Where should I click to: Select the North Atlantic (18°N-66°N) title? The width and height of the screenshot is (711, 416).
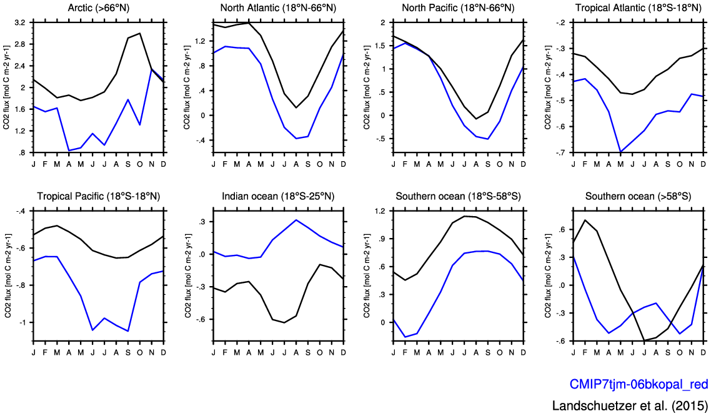278,7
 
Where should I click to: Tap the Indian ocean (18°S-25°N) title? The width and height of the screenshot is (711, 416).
278,196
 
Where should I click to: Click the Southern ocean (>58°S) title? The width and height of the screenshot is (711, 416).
638,196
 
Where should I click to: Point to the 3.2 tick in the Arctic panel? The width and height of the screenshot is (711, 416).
21,22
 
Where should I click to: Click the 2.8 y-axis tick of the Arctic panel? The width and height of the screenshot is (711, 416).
21,44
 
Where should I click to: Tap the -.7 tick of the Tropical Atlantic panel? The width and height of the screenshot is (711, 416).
562,152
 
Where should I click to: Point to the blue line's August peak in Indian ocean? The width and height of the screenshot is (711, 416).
296,220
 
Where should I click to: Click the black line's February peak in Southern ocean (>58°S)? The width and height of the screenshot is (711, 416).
585,220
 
